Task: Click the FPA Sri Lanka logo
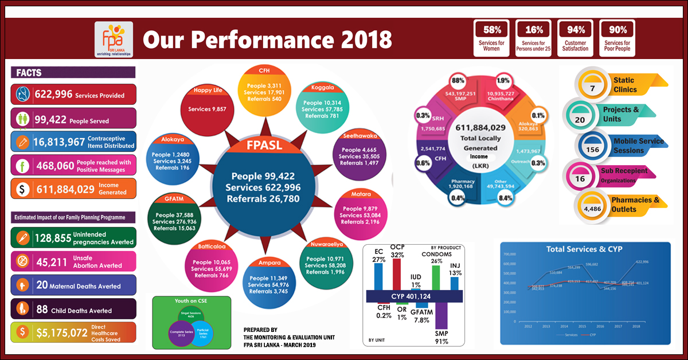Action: [x=114, y=40]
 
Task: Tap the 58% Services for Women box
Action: [x=491, y=38]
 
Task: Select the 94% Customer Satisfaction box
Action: [x=575, y=38]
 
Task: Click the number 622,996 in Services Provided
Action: [x=53, y=95]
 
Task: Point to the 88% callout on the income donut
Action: [x=458, y=80]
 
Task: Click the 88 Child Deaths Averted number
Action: [x=41, y=309]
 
